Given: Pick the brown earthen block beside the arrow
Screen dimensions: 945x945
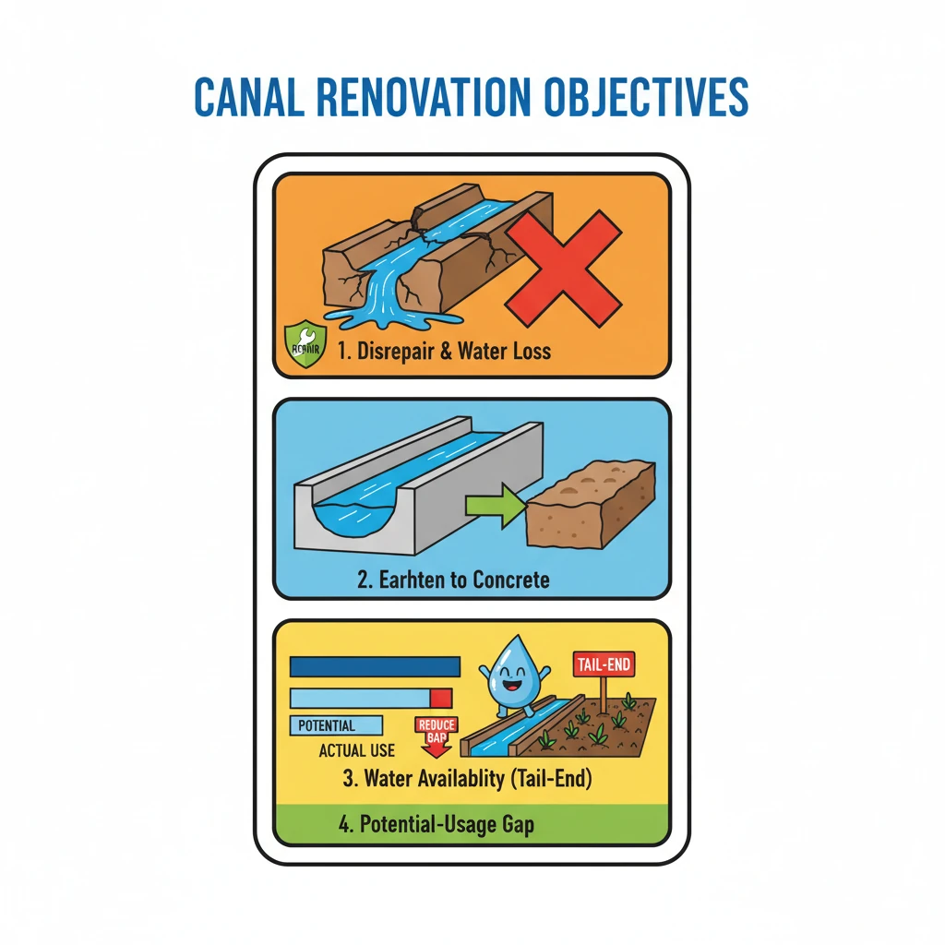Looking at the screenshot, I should click(590, 505).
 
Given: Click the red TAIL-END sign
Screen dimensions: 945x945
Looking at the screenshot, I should click(604, 664).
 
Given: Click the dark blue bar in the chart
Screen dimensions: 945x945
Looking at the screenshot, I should click(375, 666).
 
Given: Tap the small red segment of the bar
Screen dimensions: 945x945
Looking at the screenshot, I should click(441, 698).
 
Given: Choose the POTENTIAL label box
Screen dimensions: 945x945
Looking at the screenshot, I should click(335, 725).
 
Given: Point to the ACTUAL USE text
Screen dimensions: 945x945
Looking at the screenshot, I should click(357, 750).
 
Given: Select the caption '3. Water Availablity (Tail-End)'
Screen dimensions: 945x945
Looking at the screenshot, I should click(466, 778).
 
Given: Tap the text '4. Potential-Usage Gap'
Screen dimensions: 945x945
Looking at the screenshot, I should click(436, 824).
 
